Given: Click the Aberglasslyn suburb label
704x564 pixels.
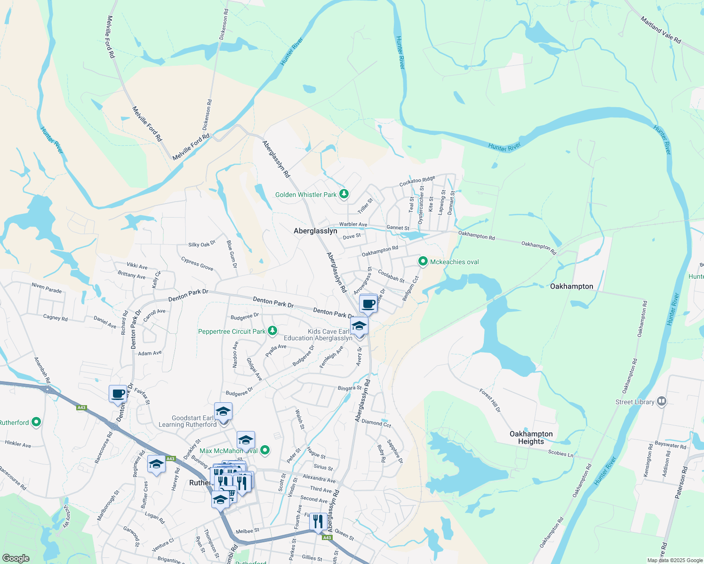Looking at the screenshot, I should point(315,231).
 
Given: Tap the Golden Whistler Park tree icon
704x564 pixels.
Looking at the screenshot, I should point(344,194).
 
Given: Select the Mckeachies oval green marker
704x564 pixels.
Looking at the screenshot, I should point(423,261).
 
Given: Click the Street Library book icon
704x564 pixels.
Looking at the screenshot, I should point(662,401).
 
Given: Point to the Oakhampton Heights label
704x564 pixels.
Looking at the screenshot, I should point(531,438).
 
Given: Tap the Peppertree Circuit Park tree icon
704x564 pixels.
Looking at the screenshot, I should point(272,331).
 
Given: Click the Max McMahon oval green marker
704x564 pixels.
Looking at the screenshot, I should point(265,450).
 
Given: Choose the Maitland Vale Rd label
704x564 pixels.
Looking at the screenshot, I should point(661,30).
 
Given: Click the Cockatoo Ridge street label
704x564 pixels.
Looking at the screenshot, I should point(417,181).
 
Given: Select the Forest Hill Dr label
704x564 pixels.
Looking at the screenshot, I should point(490,400).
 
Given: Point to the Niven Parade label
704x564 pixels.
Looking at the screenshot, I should point(47,288).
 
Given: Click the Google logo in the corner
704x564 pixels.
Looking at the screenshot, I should point(16,558).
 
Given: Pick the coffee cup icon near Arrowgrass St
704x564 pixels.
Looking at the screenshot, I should point(369,304).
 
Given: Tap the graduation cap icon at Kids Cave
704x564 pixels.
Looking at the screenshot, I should point(359,325).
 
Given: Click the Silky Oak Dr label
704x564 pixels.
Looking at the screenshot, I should point(201,243).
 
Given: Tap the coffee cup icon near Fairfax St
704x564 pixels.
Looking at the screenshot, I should point(118,393).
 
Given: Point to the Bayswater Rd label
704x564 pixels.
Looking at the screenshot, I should point(670,445).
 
